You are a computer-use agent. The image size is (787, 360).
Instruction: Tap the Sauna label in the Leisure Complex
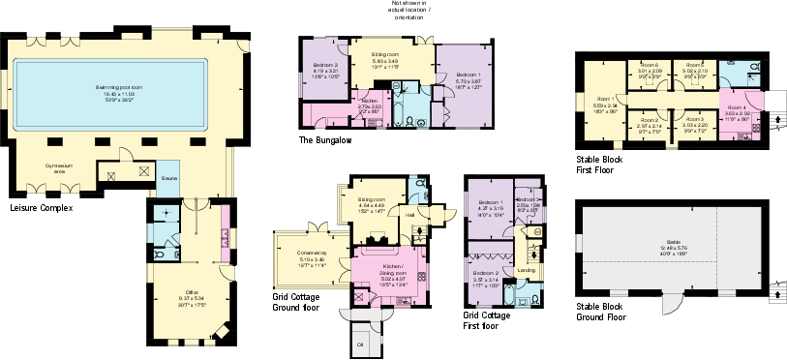(168, 179)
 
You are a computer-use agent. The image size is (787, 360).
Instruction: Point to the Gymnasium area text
(60, 167)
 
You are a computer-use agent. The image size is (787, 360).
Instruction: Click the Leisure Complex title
(41, 207)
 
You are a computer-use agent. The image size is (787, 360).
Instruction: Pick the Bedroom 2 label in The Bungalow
(325, 65)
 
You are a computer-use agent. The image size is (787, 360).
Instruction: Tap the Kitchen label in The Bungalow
(369, 101)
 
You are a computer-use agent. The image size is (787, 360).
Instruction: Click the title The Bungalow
(324, 141)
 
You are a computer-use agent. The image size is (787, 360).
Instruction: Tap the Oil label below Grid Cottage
(360, 344)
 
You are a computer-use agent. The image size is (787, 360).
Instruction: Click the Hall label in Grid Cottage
(409, 214)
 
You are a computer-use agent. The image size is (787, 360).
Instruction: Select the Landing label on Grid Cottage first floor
(526, 270)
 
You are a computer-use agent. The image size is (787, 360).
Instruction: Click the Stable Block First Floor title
(599, 164)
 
